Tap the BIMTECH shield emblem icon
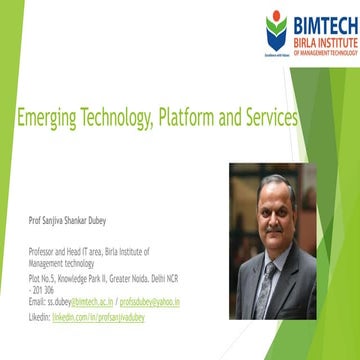pos(276,30)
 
